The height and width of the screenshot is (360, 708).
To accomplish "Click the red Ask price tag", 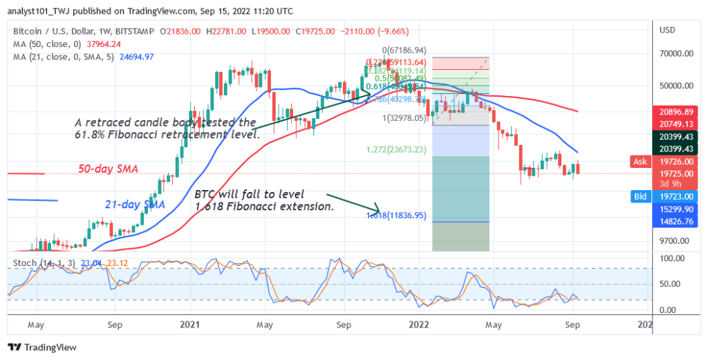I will (x=640, y=161).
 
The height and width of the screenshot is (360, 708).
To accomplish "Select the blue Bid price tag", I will (x=640, y=197).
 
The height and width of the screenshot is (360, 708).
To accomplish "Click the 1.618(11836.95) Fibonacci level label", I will (x=395, y=216).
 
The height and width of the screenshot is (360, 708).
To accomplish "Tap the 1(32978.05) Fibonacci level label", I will (x=401, y=117).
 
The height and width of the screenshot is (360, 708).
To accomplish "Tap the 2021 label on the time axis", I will (x=189, y=323).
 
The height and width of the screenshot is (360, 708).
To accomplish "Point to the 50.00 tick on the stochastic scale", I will (x=669, y=284).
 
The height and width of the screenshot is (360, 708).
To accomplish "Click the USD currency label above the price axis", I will (x=668, y=30).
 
